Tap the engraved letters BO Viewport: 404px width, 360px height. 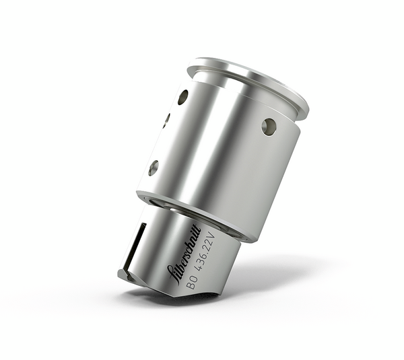192,283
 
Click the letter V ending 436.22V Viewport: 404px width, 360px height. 213,236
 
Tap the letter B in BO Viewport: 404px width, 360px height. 190,287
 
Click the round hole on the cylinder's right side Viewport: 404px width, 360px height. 269,127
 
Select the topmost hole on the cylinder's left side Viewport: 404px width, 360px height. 182,97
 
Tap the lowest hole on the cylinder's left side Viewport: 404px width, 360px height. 154,168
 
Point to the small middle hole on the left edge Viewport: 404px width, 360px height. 166,121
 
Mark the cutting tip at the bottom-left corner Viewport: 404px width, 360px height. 123,275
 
